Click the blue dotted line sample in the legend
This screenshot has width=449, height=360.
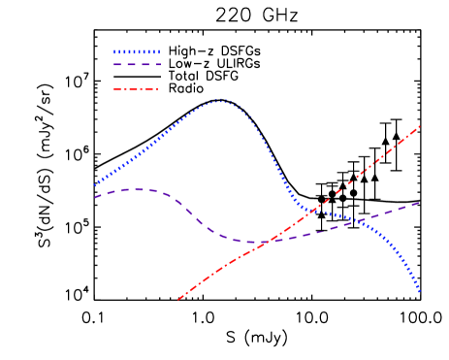(x=137, y=52)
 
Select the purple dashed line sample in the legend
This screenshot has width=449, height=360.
(x=137, y=64)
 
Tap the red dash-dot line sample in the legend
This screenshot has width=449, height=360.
(x=136, y=89)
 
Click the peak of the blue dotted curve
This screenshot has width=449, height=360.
(x=219, y=99)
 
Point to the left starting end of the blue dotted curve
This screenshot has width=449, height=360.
(x=95, y=184)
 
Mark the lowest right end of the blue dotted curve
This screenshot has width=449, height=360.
(x=419, y=290)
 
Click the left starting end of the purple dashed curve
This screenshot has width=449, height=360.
(x=95, y=197)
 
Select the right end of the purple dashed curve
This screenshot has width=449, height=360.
(x=419, y=203)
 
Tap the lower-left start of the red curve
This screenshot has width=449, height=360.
(x=178, y=299)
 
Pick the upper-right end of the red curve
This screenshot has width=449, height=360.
(x=419, y=126)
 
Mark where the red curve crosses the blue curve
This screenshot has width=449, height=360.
(x=313, y=210)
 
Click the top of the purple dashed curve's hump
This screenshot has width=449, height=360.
(x=136, y=189)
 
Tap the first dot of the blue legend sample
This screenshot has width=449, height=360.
(x=115, y=52)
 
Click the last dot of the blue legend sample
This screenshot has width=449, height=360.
(x=158, y=52)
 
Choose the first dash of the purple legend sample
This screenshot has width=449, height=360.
(x=117, y=64)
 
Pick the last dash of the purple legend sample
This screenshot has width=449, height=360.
(x=156, y=64)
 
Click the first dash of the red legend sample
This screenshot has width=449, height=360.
(x=117, y=89)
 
